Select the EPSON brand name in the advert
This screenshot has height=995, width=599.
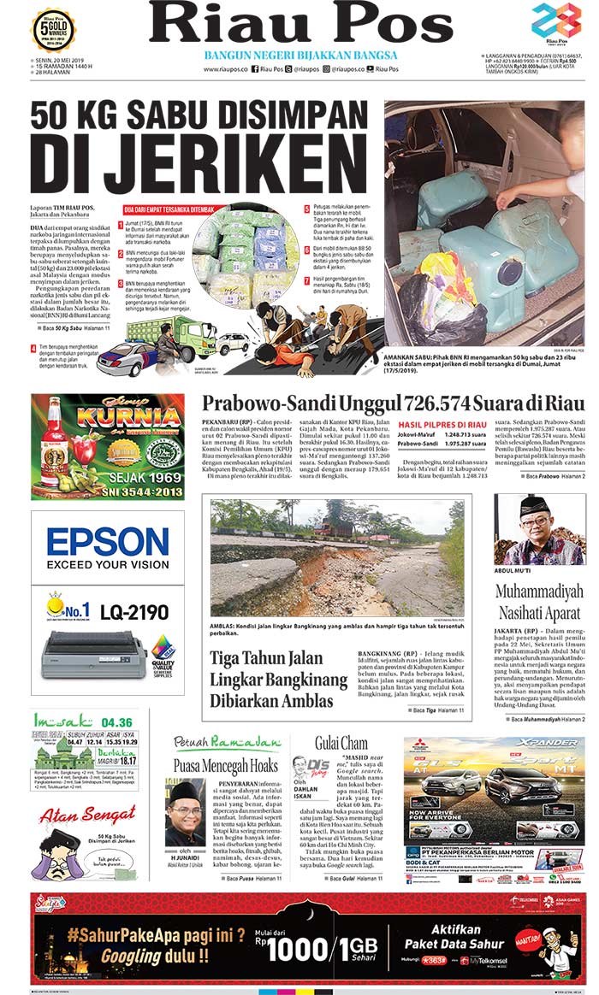click(x=108, y=542)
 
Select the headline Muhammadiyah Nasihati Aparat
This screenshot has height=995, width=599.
click(x=539, y=601)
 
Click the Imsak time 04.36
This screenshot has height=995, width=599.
click(x=120, y=722)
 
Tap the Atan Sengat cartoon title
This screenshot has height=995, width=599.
click(x=76, y=816)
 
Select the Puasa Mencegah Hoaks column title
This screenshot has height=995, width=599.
click(x=225, y=765)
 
